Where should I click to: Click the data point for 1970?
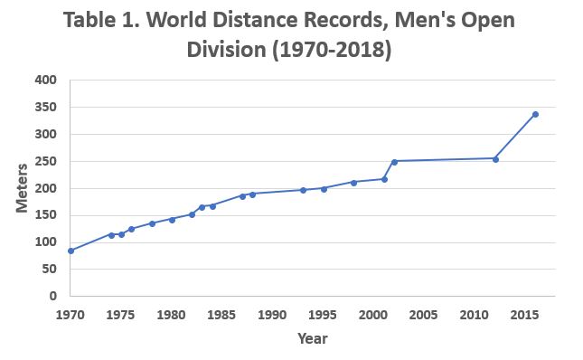point(71,251)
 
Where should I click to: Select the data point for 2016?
point(535,114)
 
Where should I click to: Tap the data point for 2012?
point(495,158)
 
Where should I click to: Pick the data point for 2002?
point(394,161)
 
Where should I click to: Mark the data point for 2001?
point(384,179)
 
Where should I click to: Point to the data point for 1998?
point(353,182)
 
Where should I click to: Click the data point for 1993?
point(303,190)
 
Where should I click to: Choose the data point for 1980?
point(172,220)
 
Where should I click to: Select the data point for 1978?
point(152,223)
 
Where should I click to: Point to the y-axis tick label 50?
point(51,270)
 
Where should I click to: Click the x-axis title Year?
point(313,339)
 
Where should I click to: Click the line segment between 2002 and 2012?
point(445,160)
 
